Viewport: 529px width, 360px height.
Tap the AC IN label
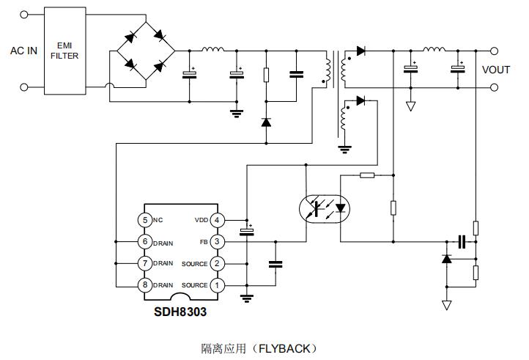23,51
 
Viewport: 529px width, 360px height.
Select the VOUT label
495,70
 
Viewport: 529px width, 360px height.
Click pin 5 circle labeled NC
144,220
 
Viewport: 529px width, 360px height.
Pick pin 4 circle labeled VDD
216,220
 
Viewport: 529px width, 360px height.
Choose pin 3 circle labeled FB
216,241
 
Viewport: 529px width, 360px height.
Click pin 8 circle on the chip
144,284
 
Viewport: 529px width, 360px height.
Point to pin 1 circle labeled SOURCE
216,284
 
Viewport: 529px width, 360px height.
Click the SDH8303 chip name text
180,312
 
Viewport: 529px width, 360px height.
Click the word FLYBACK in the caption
287,348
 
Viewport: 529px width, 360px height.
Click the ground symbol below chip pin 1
247,297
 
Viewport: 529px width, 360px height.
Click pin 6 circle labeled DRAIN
144,241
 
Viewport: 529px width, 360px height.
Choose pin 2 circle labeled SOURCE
216,263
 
